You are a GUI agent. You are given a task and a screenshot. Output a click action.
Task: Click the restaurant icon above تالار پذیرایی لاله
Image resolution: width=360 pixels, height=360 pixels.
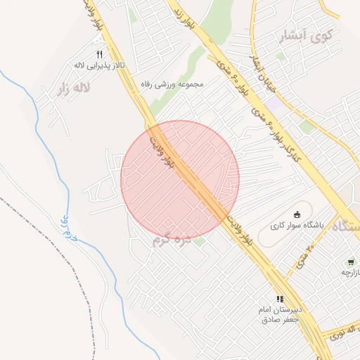click(99, 54)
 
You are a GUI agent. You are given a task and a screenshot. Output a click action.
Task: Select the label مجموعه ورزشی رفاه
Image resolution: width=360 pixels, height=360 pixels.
click(172, 84)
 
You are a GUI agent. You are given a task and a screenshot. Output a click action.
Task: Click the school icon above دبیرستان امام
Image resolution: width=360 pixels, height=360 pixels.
click(281, 299)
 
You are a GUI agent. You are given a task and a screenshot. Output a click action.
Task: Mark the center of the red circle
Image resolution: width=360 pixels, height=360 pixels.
click(180, 179)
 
